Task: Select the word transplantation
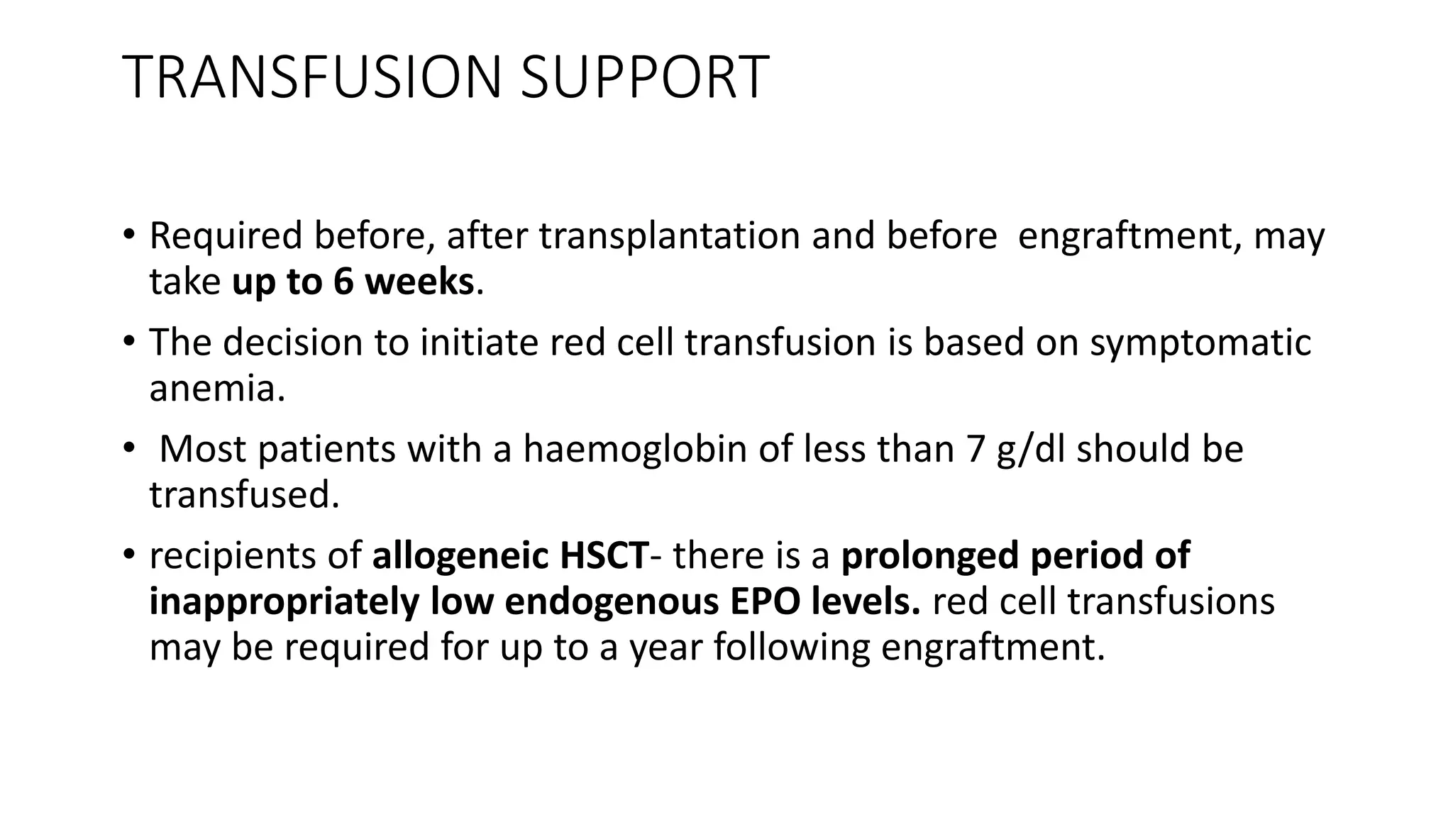(669, 236)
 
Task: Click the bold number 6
(343, 282)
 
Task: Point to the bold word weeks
(419, 282)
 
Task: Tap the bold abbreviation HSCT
(604, 555)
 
